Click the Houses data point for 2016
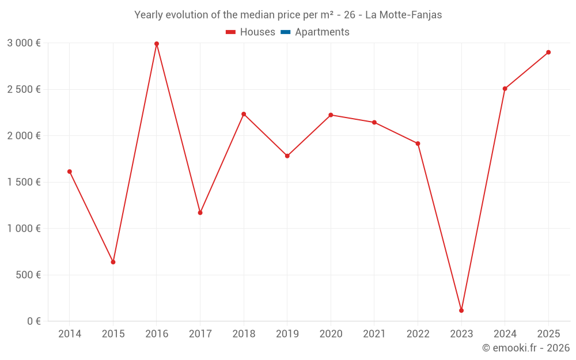[157, 44]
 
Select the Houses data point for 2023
[461, 310]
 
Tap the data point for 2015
[113, 262]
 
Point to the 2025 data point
[548, 52]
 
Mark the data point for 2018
[244, 114]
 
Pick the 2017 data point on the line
[200, 213]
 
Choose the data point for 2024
[505, 89]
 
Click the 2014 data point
[70, 172]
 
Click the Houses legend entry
[251, 32]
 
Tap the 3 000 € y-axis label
[24, 43]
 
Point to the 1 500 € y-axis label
[24, 182]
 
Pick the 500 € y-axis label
[27, 275]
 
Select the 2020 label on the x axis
[331, 334]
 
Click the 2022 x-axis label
[418, 334]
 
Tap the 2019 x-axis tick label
[287, 334]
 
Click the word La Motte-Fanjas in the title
[404, 15]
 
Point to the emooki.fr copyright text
[526, 348]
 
